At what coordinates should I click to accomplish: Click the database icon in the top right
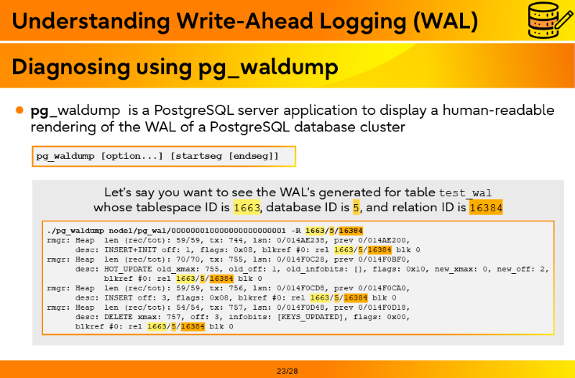click(550, 20)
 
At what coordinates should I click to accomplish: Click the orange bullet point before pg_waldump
click(20, 110)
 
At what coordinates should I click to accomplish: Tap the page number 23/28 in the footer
click(287, 371)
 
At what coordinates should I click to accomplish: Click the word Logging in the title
click(363, 21)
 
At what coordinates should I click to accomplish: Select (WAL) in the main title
click(446, 21)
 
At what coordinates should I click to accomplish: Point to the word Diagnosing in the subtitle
click(70, 67)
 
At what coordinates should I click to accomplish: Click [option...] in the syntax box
click(132, 156)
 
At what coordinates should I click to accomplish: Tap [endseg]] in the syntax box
click(254, 156)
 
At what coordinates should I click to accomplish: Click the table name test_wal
click(465, 193)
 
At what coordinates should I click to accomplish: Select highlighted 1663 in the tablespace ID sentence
click(247, 208)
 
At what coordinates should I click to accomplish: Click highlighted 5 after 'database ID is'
click(356, 208)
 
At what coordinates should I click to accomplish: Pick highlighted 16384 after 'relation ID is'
click(486, 208)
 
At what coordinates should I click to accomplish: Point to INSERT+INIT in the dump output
click(131, 250)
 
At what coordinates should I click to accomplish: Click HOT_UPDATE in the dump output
click(128, 269)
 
